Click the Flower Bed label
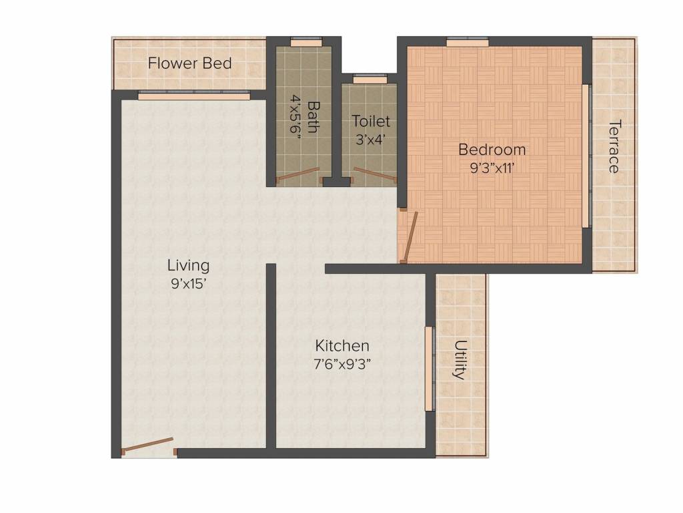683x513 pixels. (189, 63)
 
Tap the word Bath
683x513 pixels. (312, 117)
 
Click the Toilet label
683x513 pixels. (370, 122)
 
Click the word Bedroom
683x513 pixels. (492, 150)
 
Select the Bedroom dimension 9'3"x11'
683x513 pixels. (492, 168)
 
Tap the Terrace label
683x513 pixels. (614, 146)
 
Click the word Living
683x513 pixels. (188, 265)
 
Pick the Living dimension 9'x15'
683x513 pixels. (188, 283)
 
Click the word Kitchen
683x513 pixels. (342, 346)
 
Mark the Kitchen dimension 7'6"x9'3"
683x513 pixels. (342, 364)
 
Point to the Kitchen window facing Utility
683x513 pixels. (430, 369)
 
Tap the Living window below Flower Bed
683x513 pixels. (193, 96)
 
